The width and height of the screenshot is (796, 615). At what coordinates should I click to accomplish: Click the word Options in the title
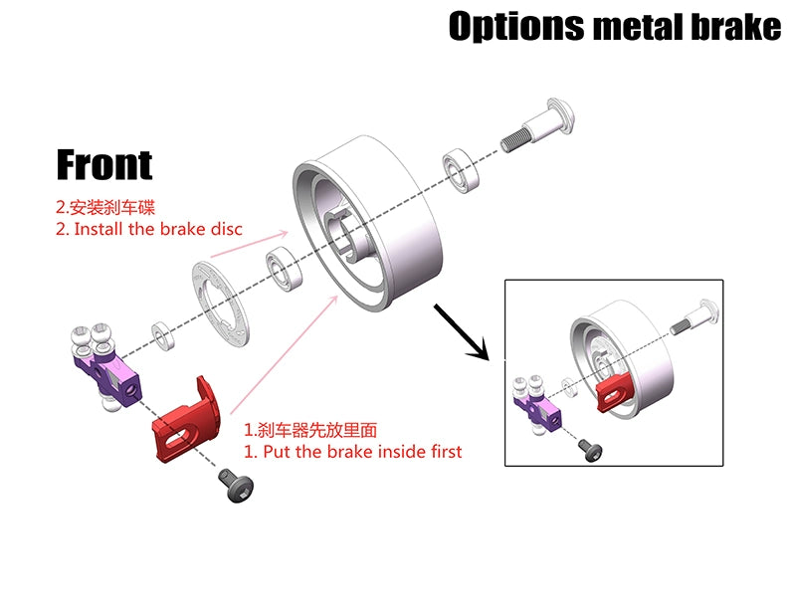point(515,26)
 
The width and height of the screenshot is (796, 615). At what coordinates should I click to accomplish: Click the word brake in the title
point(731,26)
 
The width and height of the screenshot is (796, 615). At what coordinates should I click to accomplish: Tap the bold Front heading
point(104,164)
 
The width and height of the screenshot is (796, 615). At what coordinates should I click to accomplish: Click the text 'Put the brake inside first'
point(353,451)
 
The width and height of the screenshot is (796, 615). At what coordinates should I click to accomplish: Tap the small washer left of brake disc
point(161,330)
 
